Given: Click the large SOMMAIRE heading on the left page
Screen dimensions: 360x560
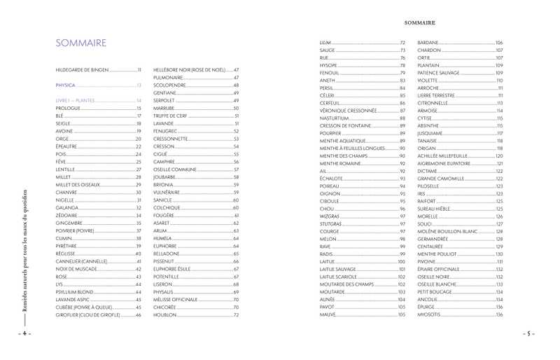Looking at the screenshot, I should tap(81, 43).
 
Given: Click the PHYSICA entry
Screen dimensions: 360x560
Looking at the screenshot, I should tap(65, 85).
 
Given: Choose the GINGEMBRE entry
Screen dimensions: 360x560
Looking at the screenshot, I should tap(70, 223).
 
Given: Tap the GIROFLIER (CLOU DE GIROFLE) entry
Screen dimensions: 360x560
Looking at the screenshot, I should tap(88, 315).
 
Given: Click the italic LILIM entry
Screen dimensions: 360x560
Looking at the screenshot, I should tap(325, 43).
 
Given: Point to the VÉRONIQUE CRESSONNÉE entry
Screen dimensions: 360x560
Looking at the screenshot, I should tap(349, 111).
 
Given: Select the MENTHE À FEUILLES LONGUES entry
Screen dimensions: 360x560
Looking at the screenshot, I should tap(353, 148).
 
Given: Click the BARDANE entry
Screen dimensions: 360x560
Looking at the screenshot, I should tap(428, 43).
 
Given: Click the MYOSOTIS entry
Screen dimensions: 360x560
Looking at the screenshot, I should tap(430, 315).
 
